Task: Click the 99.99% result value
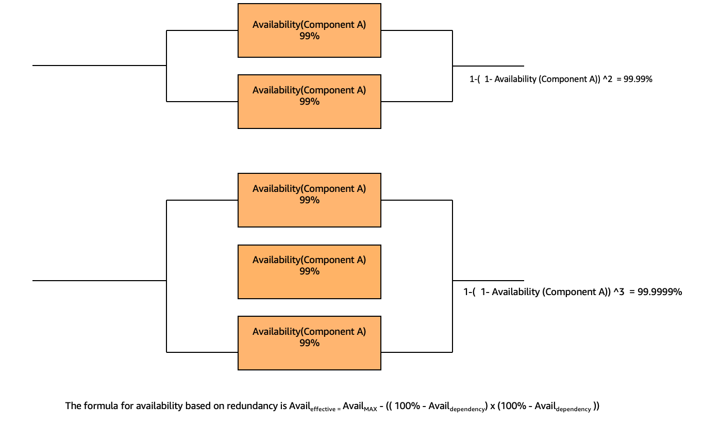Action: coord(638,79)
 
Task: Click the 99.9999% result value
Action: coord(660,292)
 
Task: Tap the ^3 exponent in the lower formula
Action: coord(618,292)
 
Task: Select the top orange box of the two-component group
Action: coord(309,30)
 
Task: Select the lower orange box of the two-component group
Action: coord(309,102)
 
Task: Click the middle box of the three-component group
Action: coord(309,272)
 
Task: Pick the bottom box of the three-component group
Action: coord(309,343)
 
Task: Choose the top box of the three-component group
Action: coord(309,200)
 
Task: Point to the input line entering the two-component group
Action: coord(98,66)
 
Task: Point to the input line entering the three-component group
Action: coord(98,281)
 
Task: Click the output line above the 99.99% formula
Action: coord(489,66)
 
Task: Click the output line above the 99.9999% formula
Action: coord(489,281)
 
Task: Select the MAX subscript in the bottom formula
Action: coord(371,409)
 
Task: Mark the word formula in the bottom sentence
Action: coord(97,406)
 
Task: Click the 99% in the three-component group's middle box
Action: coord(309,271)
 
